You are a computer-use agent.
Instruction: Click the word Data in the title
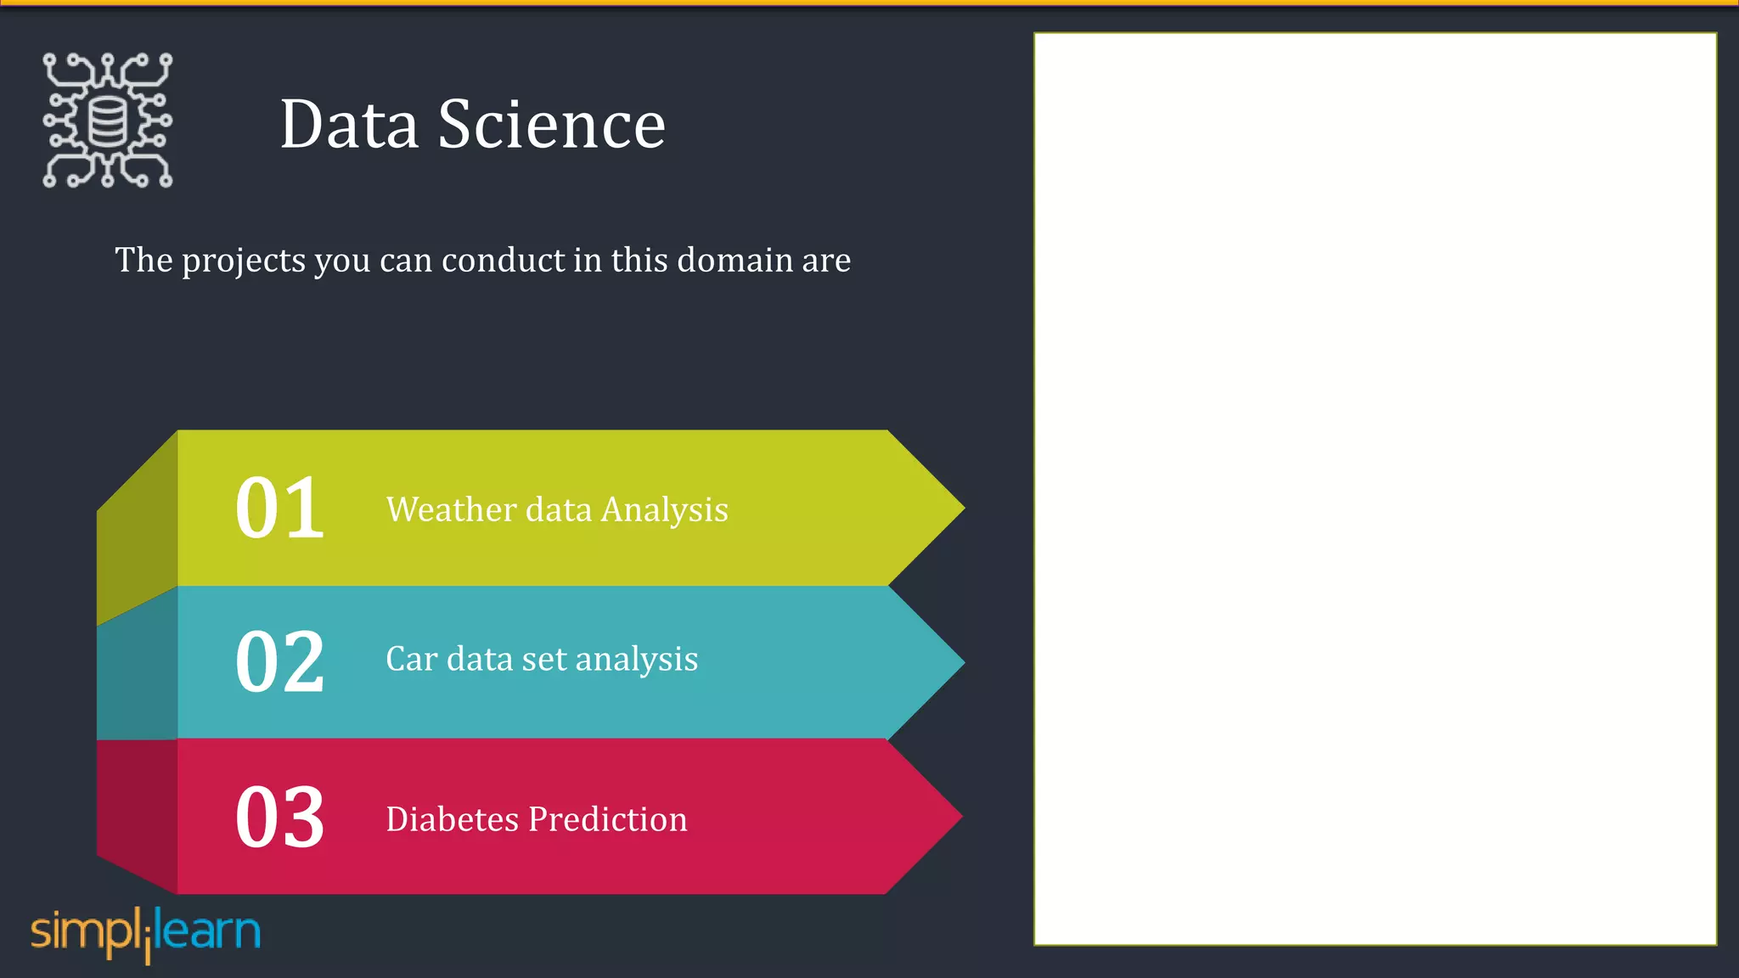click(349, 125)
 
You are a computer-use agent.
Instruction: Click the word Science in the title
click(551, 125)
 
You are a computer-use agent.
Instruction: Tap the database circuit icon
click(108, 121)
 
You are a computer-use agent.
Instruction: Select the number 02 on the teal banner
click(279, 661)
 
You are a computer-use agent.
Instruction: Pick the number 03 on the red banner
click(279, 817)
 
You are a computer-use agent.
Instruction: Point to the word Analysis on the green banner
click(664, 510)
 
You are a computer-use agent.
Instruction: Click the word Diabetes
click(452, 819)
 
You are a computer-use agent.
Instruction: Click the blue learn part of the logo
click(210, 931)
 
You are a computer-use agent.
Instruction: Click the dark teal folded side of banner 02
click(137, 671)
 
